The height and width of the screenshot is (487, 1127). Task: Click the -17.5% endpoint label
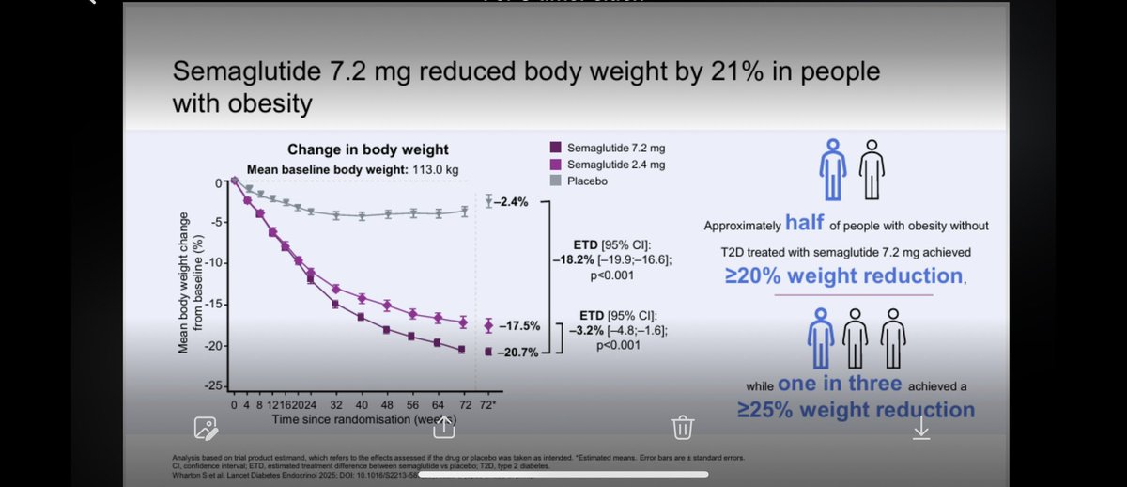518,326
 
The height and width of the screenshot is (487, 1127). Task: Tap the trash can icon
682,428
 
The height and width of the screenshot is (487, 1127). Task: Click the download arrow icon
921,428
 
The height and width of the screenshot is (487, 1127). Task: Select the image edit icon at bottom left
206,429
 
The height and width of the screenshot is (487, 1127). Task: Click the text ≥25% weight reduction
857,409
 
